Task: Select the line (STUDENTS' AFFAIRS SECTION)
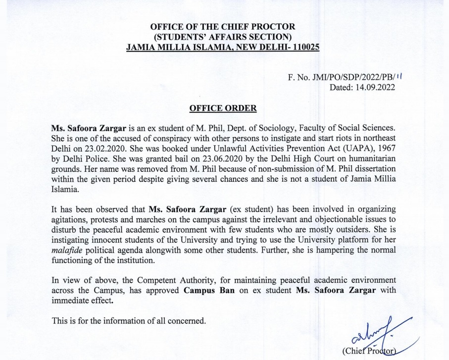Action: [223, 37]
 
